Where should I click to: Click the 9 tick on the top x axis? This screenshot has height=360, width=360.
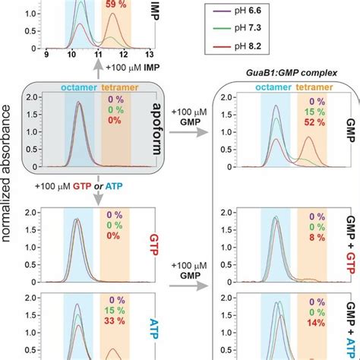click(x=47, y=55)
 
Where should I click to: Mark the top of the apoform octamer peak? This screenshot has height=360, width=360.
click(x=80, y=104)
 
